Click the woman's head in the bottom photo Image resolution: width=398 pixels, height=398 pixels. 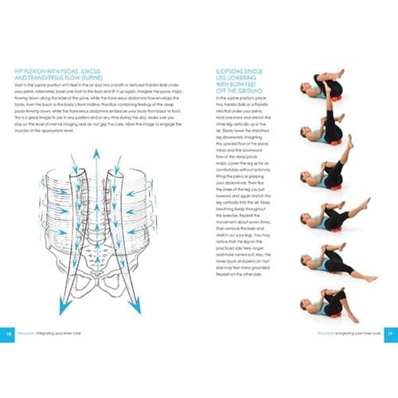click(307, 307)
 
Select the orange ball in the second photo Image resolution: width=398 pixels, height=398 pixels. click(334, 142)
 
